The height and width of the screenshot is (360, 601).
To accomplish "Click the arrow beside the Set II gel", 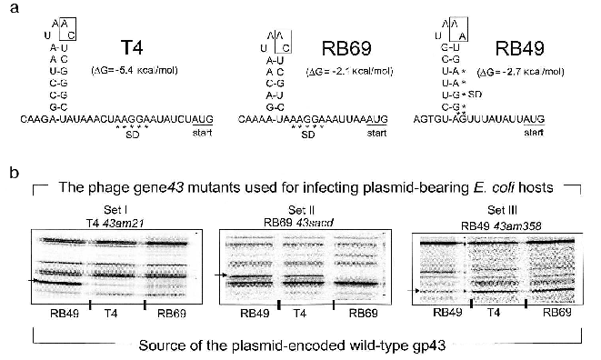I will point(219,274).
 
